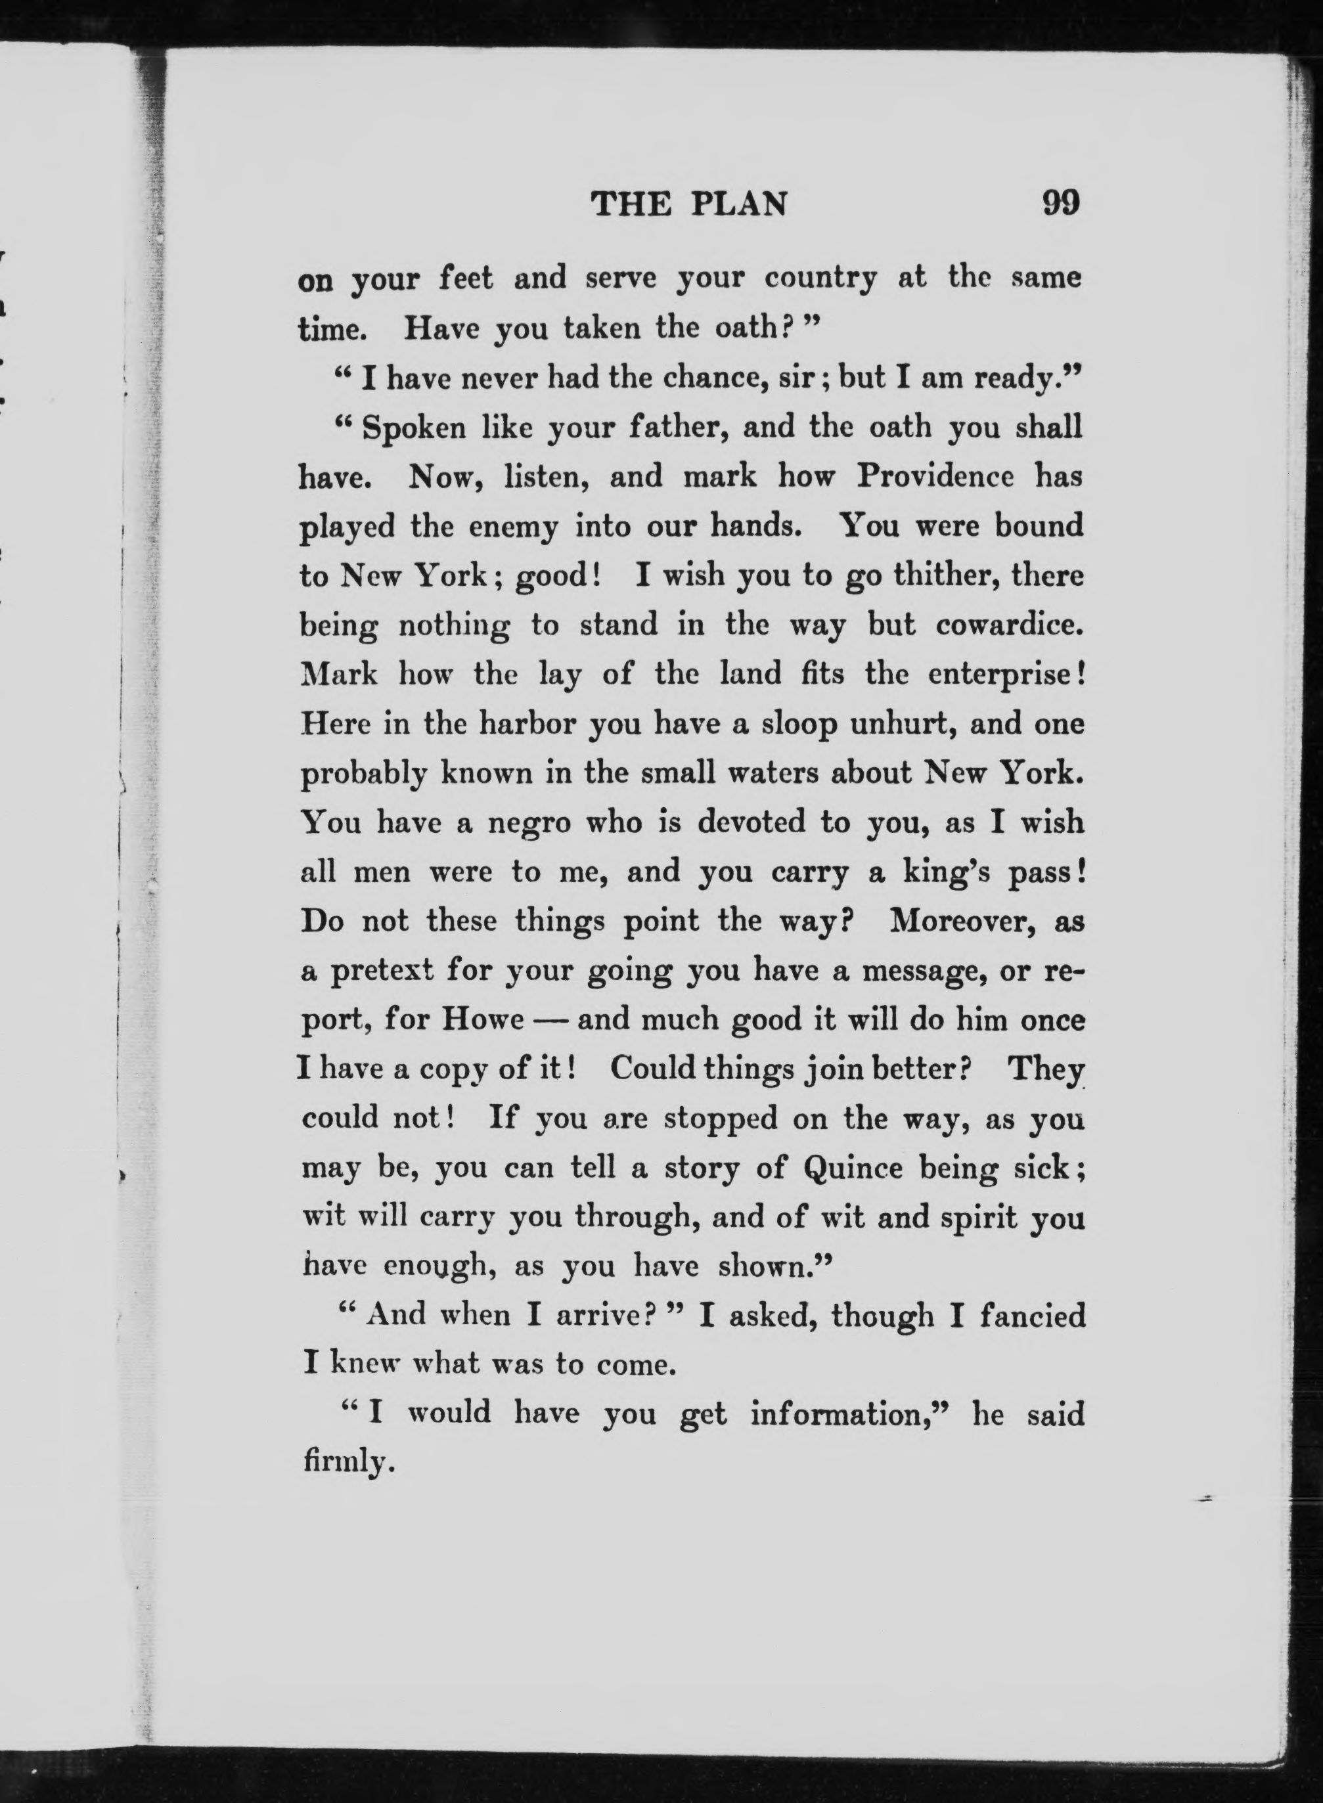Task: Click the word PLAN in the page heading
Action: [738, 206]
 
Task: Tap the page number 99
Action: [1060, 204]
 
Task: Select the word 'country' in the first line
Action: [821, 278]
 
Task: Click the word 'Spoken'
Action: [414, 428]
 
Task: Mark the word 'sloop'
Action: [801, 724]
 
